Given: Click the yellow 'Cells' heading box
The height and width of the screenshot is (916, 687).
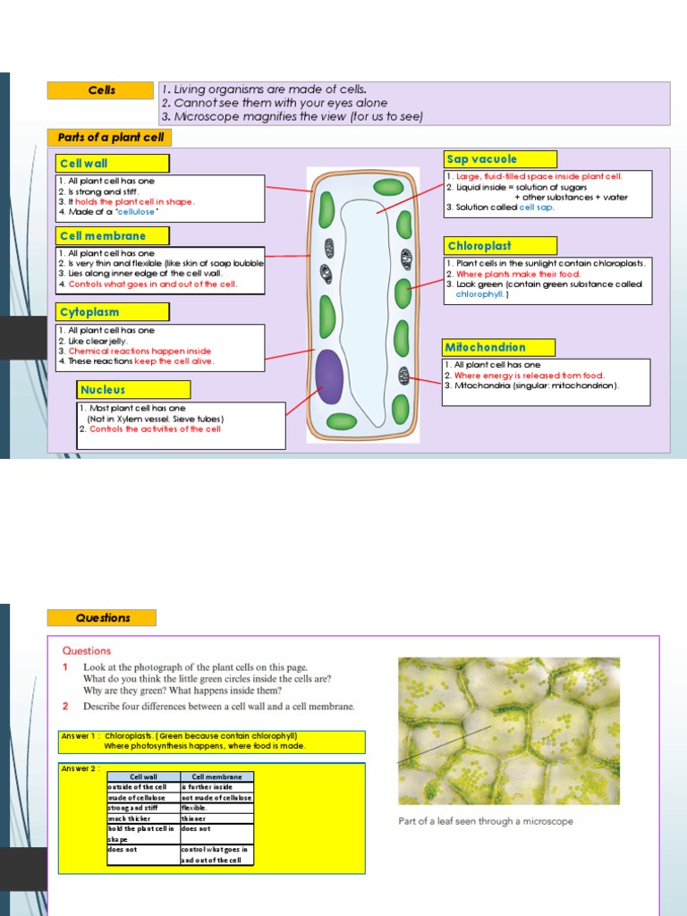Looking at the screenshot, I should (101, 90).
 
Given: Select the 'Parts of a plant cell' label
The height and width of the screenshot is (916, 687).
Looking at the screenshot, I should (109, 138).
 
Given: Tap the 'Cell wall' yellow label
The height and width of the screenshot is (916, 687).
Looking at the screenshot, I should (112, 164).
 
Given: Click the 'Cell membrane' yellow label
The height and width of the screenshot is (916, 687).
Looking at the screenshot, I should (112, 236).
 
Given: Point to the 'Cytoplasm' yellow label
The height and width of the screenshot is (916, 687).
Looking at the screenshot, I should (112, 312).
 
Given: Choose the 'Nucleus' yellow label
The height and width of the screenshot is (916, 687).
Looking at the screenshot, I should (133, 390).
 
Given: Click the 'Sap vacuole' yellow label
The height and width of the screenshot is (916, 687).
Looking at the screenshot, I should (500, 159).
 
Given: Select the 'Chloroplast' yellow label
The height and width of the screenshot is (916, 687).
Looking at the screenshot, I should (500, 246).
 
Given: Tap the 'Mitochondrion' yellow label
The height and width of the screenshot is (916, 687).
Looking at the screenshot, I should (498, 347).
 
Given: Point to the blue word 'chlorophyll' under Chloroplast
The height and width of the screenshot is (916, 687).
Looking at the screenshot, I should (480, 293).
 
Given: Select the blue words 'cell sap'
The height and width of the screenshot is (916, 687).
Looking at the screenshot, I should (537, 207).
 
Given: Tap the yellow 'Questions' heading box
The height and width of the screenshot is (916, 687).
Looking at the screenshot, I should (102, 618).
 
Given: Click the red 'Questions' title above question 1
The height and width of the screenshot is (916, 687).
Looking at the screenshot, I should (87, 651).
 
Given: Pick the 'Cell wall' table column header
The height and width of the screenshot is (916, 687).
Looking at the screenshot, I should (143, 777).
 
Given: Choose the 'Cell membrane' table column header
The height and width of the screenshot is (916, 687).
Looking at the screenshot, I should (216, 777).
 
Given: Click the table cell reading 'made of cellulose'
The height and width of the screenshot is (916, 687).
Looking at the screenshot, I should (143, 797).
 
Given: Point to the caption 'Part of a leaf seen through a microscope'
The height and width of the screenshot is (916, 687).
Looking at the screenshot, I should (486, 821).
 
